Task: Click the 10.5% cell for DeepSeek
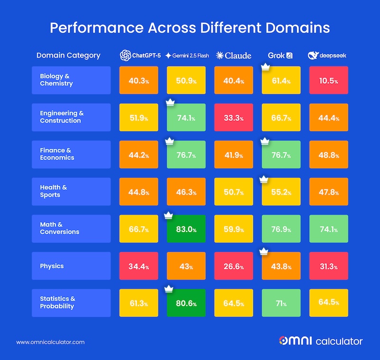tap(329, 80)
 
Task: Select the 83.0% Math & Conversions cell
tap(186, 229)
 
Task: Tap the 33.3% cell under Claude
tap(234, 117)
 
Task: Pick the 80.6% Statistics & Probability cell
tap(186, 303)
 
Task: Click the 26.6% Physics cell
tap(234, 266)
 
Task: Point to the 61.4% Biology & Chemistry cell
tap(281, 80)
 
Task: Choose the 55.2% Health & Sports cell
tap(281, 192)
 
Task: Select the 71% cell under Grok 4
tap(281, 303)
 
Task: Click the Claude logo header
tap(234, 56)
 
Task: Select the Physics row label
tap(71, 266)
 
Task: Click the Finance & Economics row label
tap(71, 155)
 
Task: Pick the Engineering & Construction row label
tap(71, 117)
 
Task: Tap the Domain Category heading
tap(68, 56)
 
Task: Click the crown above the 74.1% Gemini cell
tap(169, 102)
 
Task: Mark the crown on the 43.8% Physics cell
tap(265, 251)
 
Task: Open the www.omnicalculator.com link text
tap(50, 342)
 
